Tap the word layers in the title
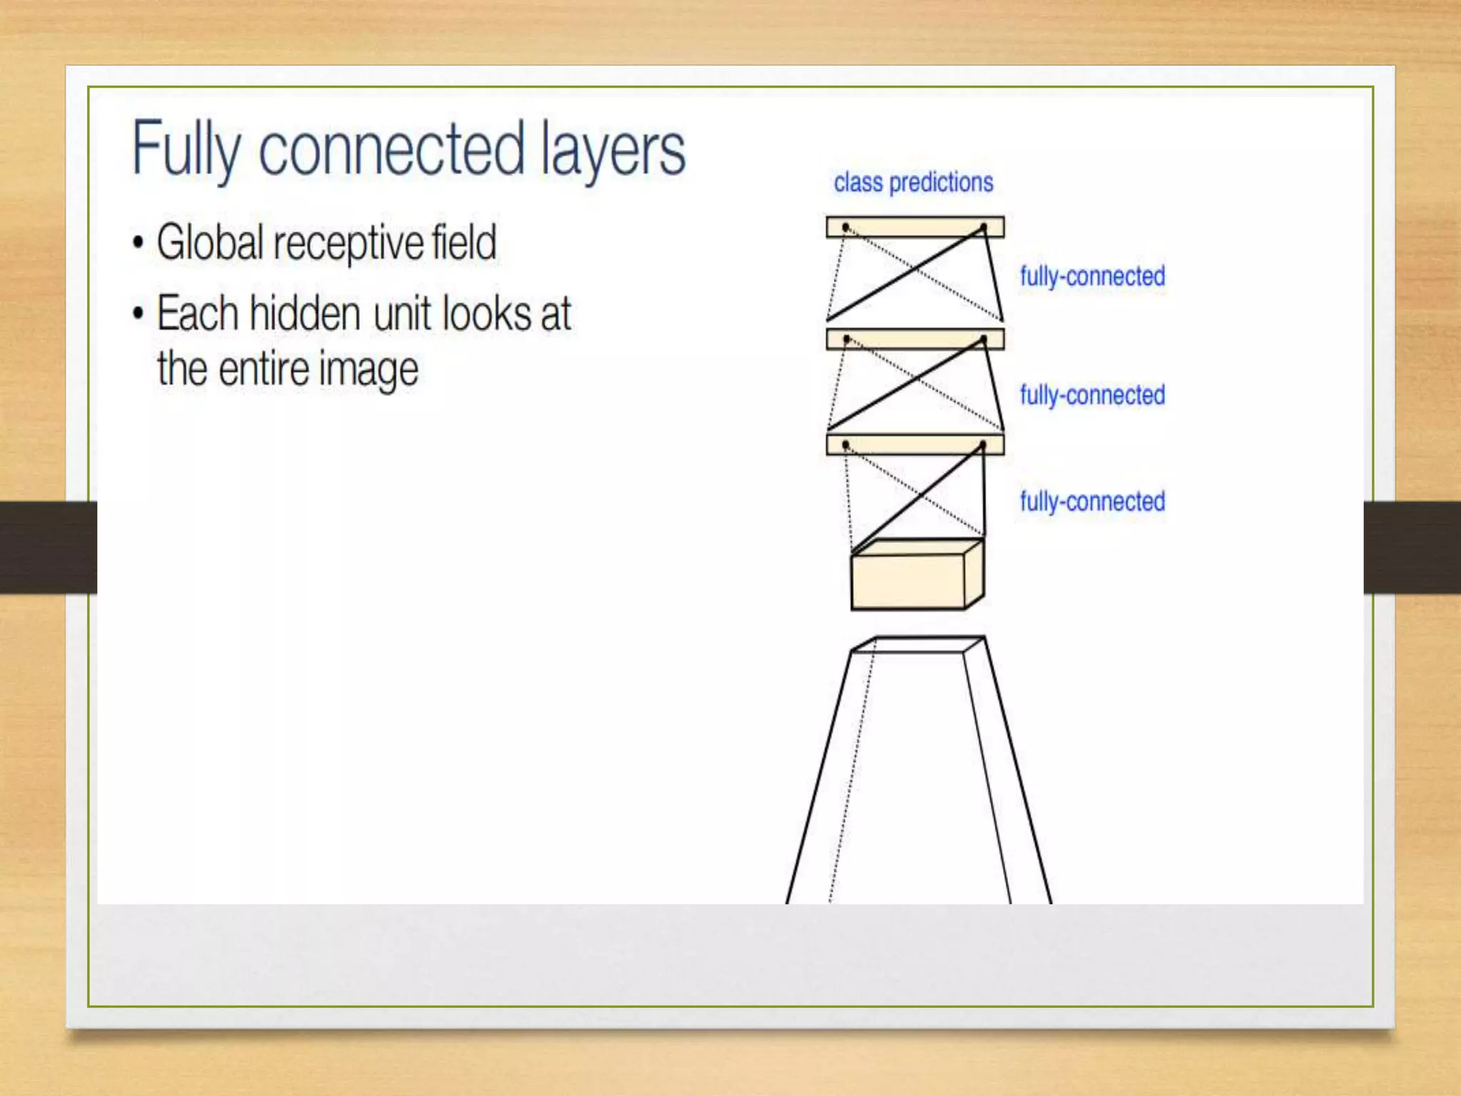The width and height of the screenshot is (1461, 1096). coord(613,150)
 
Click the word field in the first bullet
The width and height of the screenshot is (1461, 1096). coord(464,243)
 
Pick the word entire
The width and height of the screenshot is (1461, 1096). coord(263,370)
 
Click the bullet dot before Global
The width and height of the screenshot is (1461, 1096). coord(138,242)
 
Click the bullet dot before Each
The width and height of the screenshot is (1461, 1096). coord(138,313)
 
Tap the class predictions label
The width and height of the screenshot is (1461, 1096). coord(913,183)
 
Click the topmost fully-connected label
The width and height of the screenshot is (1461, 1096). coord(1092,276)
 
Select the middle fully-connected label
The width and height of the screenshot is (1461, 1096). coord(1092,395)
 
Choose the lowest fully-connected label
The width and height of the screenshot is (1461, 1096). coord(1092,502)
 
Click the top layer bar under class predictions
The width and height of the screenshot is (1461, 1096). coord(915,227)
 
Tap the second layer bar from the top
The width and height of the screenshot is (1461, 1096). coord(915,339)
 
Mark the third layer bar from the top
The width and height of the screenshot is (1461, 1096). coord(915,445)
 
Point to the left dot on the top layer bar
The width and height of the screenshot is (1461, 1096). coord(845,228)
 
